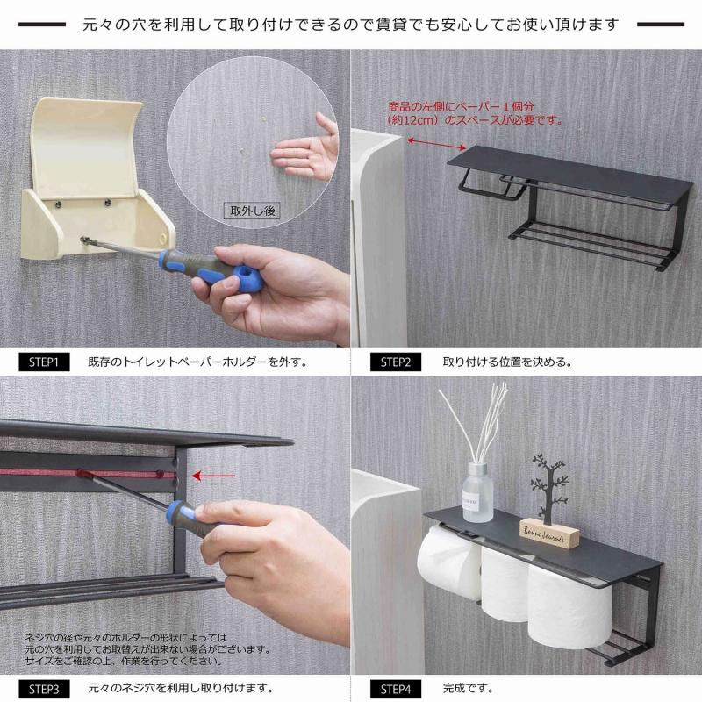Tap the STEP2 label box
(395, 362)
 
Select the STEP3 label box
(44, 688)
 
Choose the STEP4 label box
(395, 688)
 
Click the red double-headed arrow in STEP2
(436, 142)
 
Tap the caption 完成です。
(468, 688)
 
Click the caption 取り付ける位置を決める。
(508, 362)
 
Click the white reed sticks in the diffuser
(479, 421)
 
